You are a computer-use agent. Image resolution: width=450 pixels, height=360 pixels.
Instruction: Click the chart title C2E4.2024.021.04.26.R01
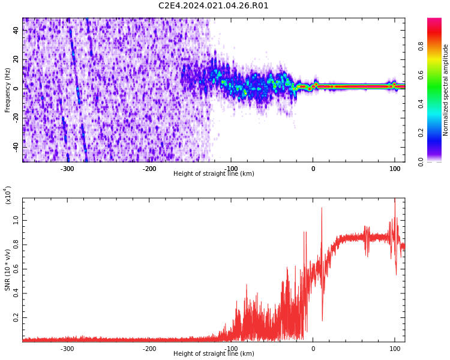[214, 6]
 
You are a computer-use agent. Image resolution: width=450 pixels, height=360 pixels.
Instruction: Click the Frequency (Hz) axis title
[8, 90]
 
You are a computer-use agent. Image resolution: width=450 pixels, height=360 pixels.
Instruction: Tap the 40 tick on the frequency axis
[16, 31]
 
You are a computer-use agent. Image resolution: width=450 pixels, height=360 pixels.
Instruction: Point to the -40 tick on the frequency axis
[15, 146]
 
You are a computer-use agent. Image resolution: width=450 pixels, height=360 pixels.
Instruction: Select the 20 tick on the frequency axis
[16, 59]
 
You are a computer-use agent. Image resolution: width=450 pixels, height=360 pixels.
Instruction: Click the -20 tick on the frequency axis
[15, 118]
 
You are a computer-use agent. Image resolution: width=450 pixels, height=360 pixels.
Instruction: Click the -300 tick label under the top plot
[67, 169]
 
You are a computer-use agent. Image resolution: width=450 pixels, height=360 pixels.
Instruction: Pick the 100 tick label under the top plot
[394, 169]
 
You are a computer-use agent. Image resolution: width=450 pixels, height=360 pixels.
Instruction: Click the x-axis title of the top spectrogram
[214, 174]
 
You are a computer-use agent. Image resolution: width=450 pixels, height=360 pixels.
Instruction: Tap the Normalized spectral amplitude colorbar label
[446, 90]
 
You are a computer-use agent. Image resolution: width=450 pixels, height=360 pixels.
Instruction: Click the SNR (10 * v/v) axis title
[8, 270]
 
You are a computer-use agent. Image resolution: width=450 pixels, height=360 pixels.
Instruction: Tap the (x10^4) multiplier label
[8, 195]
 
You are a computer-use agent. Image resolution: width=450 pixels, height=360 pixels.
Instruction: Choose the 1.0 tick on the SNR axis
[15, 221]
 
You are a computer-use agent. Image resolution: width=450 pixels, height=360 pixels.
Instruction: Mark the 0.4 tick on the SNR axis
[15, 293]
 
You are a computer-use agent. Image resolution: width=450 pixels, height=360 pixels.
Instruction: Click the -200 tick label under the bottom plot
[149, 349]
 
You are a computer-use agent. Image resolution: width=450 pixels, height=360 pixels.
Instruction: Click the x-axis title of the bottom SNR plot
[214, 354]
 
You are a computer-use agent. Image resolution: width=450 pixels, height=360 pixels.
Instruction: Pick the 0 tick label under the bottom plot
[313, 349]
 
